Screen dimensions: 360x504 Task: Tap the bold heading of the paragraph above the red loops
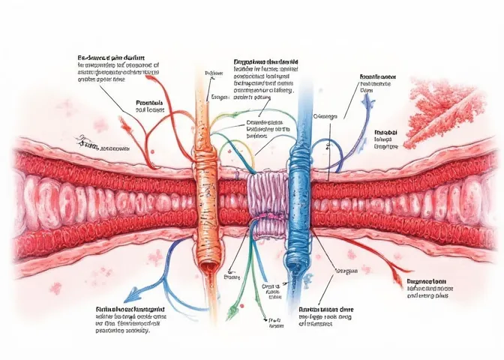click(113, 57)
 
